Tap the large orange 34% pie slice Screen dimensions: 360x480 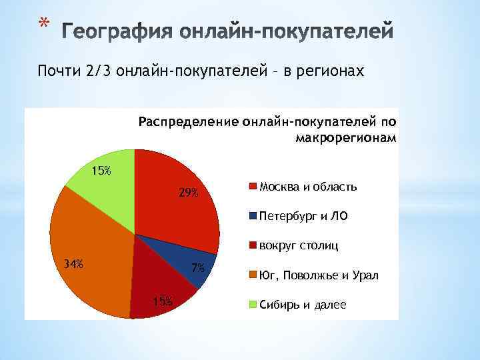click(87, 253)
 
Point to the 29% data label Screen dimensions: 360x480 click(188, 193)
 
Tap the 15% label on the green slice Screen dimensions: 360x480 click(101, 171)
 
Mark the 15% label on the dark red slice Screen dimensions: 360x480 click(162, 301)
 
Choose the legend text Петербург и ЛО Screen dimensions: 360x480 click(303, 216)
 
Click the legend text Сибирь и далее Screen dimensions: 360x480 click(303, 305)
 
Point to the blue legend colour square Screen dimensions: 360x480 click(253, 216)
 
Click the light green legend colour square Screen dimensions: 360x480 click(253, 305)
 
